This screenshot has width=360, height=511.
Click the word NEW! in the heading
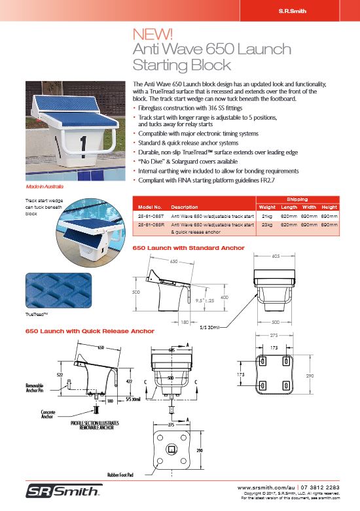pyautogui.click(x=153, y=33)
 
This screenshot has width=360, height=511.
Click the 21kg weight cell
pyautogui.click(x=266, y=214)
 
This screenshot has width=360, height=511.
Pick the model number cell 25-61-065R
pyautogui.click(x=148, y=223)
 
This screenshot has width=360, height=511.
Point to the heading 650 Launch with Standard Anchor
pyautogui.click(x=189, y=248)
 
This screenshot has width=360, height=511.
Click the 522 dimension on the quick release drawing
pyautogui.click(x=60, y=374)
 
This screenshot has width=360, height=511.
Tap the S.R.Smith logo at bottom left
pyautogui.click(x=63, y=491)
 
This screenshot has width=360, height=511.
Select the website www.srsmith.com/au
pyautogui.click(x=266, y=487)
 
